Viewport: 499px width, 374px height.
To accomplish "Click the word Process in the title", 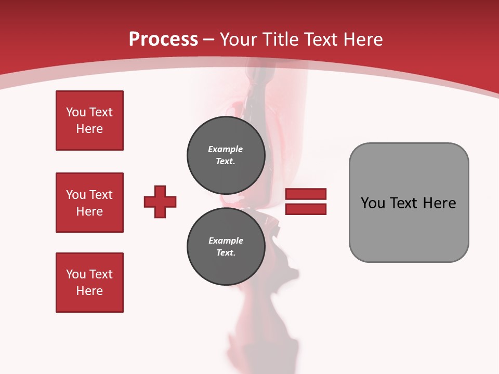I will click(163, 39).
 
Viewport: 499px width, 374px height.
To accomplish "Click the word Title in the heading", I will click(280, 39).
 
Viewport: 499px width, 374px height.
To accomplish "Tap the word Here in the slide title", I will click(362, 39).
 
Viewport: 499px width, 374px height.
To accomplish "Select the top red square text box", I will click(89, 121).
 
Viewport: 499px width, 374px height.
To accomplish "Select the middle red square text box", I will click(89, 203).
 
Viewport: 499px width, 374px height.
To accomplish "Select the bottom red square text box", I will click(89, 283).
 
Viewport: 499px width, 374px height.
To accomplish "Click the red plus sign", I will click(160, 202).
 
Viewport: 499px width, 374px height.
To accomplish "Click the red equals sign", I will click(306, 202).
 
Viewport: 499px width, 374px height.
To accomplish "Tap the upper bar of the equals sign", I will click(306, 194).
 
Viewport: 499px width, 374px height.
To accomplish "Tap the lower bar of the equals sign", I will click(306, 209).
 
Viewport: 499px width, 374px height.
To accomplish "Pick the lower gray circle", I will click(226, 247).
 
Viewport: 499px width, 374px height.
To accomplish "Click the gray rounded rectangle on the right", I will click(409, 203).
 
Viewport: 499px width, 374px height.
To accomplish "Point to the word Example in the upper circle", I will click(226, 149).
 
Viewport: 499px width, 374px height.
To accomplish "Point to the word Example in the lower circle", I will click(226, 241).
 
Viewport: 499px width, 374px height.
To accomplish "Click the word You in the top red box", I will click(76, 112).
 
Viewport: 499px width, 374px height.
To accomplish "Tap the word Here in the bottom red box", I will click(89, 291).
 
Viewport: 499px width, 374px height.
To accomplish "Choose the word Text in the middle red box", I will click(100, 195).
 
